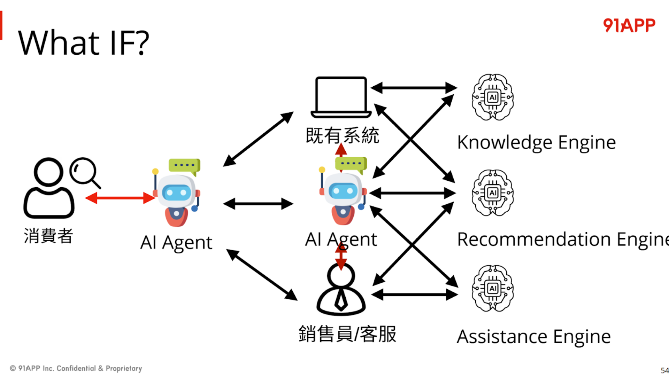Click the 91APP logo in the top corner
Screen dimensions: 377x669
[x=629, y=25]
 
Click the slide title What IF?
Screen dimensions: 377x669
[x=84, y=43]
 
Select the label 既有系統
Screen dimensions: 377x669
[x=342, y=135]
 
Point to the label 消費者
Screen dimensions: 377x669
[x=48, y=236]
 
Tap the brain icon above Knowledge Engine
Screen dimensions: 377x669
[x=492, y=97]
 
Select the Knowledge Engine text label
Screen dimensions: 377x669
[x=536, y=142]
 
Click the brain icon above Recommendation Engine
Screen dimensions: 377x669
[x=492, y=193]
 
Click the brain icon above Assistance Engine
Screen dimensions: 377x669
[x=492, y=288]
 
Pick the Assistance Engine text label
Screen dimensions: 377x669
[x=533, y=337]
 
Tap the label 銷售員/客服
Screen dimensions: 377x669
[x=347, y=334]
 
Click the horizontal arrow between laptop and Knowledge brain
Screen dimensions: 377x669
[x=414, y=88]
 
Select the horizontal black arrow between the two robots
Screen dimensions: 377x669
[x=258, y=204]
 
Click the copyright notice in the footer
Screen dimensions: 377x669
[x=76, y=368]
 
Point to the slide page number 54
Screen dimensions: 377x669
[x=664, y=370]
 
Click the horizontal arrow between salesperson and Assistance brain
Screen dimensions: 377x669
[x=415, y=295]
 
